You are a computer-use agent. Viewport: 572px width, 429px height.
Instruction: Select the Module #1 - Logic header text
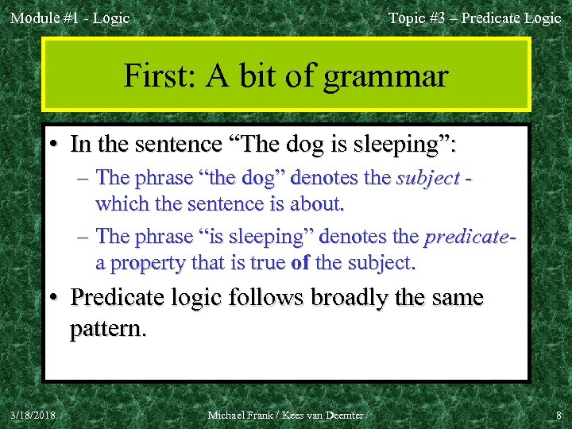[70, 17]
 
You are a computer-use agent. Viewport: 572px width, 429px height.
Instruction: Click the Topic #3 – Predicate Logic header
[474, 17]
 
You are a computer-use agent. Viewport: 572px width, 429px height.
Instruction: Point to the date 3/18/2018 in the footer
[33, 415]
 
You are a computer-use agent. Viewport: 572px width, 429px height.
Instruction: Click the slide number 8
[558, 415]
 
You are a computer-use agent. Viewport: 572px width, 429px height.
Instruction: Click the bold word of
[300, 262]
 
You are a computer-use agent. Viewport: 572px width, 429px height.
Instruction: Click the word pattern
[107, 327]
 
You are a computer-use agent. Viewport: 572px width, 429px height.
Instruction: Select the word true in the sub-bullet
[253, 262]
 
